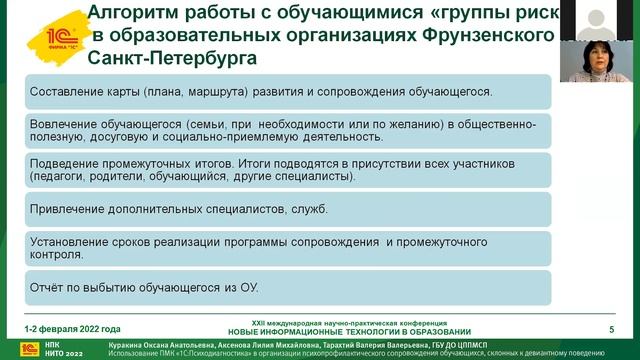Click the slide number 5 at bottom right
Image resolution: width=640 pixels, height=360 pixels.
click(611, 329)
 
